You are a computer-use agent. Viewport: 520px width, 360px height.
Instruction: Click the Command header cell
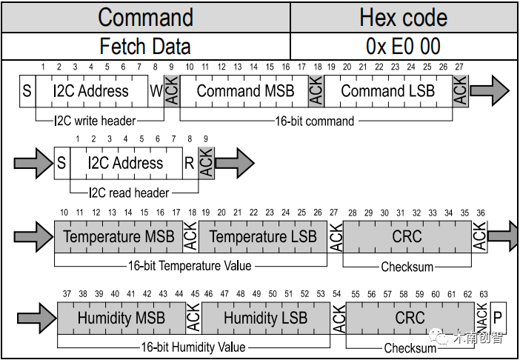click(145, 17)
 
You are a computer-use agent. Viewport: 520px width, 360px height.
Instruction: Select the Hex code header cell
click(403, 17)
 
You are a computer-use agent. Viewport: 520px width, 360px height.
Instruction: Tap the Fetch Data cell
click(145, 46)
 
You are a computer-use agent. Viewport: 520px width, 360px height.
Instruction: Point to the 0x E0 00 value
click(403, 46)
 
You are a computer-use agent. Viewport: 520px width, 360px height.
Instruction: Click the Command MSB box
click(245, 91)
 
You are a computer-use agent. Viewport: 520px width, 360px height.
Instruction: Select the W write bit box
click(155, 91)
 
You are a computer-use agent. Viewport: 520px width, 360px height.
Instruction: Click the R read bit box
click(190, 163)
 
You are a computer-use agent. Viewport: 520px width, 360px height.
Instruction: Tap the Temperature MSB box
click(119, 237)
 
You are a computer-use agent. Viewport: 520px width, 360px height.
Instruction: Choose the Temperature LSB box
click(263, 237)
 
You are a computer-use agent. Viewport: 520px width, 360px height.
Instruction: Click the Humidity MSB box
click(121, 318)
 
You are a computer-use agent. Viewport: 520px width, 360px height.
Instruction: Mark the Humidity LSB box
click(265, 318)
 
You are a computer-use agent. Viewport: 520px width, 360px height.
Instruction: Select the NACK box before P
click(482, 318)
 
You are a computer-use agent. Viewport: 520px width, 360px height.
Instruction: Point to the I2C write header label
click(99, 120)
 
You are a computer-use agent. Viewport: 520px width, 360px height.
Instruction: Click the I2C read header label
click(129, 193)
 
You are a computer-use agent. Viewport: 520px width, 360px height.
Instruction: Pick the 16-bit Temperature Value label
click(184, 265)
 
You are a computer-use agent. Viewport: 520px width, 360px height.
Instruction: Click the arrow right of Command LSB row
click(489, 90)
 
